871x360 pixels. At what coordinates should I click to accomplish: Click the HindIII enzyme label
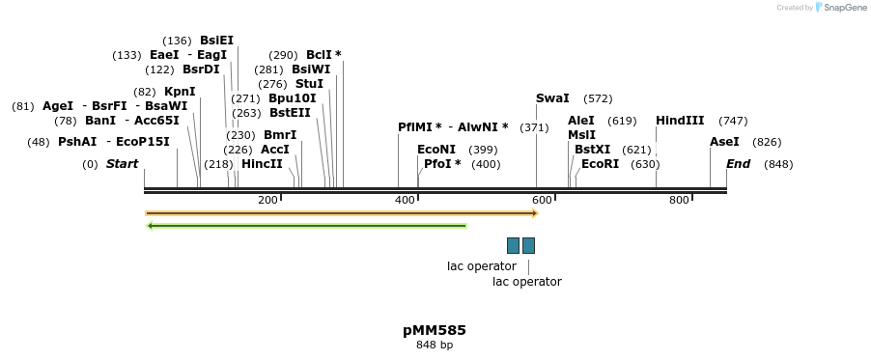pyautogui.click(x=680, y=121)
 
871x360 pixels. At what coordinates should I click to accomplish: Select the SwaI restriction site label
pyautogui.click(x=552, y=98)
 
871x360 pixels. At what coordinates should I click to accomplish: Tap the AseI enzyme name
pyautogui.click(x=724, y=142)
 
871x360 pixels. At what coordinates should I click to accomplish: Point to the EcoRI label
pyautogui.click(x=600, y=164)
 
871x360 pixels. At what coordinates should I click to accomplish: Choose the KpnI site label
pyautogui.click(x=180, y=92)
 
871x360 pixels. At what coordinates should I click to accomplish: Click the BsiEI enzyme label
pyautogui.click(x=216, y=41)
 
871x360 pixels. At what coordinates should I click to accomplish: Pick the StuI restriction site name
pyautogui.click(x=309, y=84)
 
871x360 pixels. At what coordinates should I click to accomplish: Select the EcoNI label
pyautogui.click(x=436, y=150)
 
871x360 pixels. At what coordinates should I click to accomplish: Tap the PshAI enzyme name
pyautogui.click(x=77, y=142)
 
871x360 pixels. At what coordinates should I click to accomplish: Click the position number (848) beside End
pyautogui.click(x=777, y=164)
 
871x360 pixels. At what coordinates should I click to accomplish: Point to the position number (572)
pyautogui.click(x=598, y=98)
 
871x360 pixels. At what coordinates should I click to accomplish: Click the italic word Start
pyautogui.click(x=122, y=164)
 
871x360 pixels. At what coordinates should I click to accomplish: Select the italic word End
pyautogui.click(x=738, y=164)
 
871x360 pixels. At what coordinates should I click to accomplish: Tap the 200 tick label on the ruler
pyautogui.click(x=267, y=200)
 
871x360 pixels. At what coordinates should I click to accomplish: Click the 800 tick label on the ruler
pyautogui.click(x=679, y=200)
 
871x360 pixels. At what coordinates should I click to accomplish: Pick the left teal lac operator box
pyautogui.click(x=513, y=245)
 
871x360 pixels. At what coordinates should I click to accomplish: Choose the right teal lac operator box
pyautogui.click(x=528, y=245)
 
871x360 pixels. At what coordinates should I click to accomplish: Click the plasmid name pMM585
pyautogui.click(x=435, y=330)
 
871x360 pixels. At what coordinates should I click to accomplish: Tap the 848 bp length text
pyautogui.click(x=435, y=345)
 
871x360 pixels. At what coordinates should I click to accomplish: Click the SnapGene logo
pyautogui.click(x=840, y=8)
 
